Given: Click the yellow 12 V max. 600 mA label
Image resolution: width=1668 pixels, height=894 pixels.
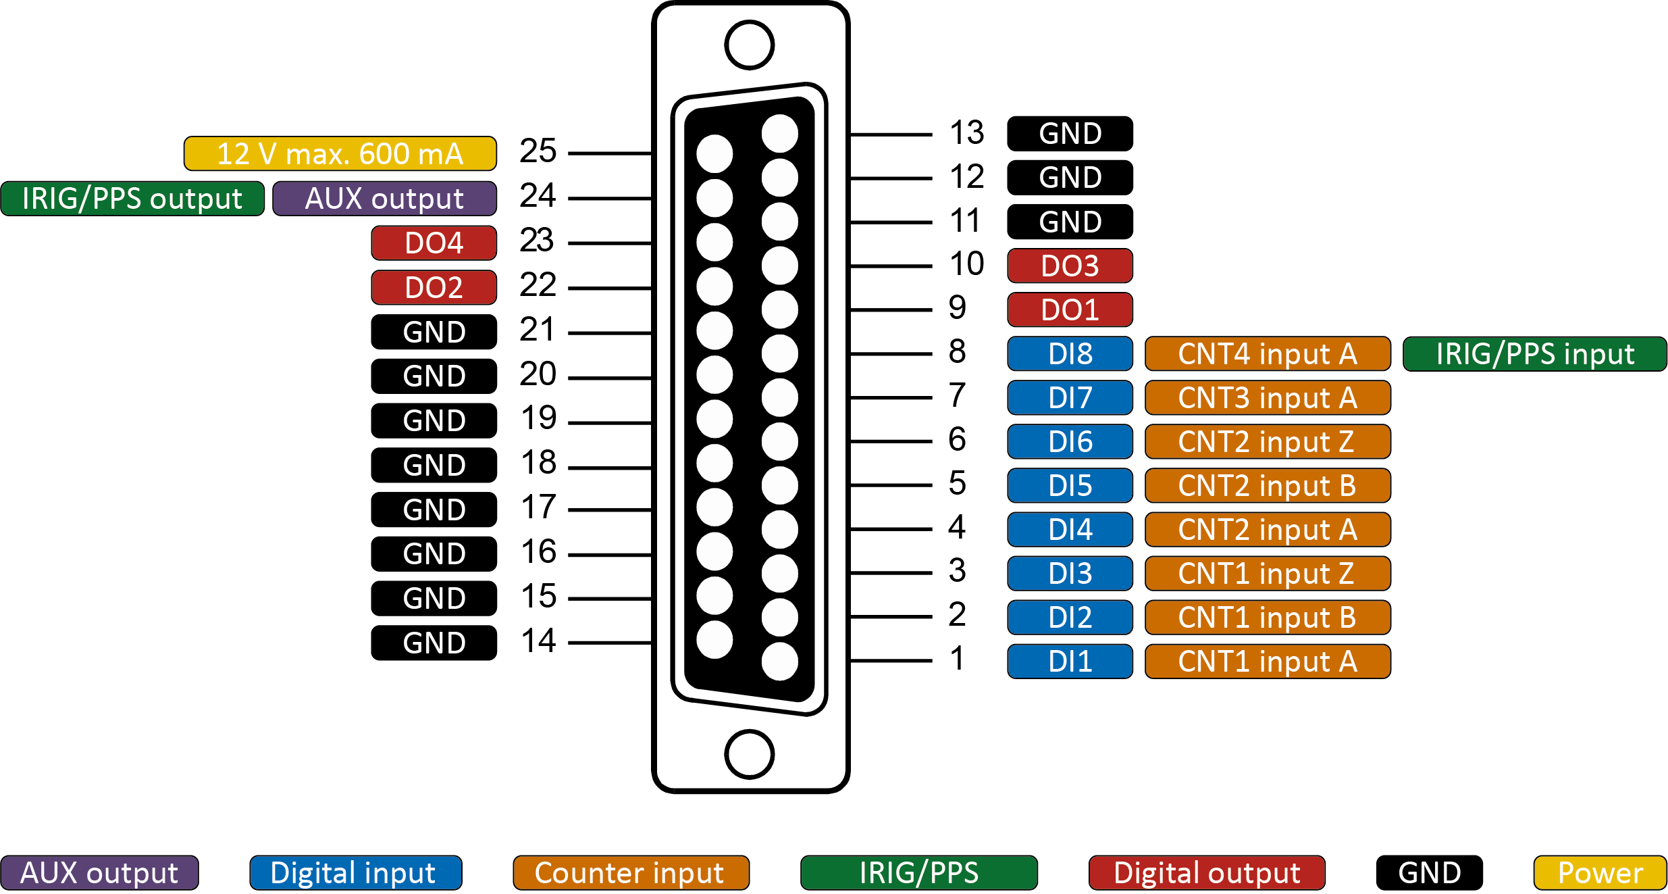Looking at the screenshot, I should coord(340,154).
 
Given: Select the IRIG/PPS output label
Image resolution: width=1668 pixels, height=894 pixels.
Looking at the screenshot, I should coord(132,199).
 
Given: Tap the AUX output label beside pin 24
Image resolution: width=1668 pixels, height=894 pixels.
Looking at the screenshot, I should coord(384,199).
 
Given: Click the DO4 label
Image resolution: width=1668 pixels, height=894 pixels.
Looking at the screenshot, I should coord(434,243).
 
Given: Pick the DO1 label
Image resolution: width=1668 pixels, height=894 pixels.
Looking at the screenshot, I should coord(1070,310).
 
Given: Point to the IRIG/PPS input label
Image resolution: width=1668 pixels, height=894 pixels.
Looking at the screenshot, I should coord(1534,354).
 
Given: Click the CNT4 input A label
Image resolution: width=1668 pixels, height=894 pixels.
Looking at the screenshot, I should coord(1268,354).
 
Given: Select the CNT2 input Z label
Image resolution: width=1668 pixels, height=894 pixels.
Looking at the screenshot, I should coord(1268,442).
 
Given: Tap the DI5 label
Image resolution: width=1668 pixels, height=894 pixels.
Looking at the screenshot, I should coord(1070,486).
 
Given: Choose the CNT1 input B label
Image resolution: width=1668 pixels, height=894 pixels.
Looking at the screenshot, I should coord(1268,618).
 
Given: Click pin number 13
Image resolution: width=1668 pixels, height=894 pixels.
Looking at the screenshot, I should coord(966,133).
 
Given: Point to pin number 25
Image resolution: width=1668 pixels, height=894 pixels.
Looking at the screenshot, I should coord(538,151).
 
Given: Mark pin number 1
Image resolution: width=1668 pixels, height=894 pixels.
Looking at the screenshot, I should coord(957,659).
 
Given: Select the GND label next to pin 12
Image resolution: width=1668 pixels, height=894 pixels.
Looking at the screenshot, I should coord(1070,178).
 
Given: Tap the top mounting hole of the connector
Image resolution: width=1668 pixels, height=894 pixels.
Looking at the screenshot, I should coord(749,45).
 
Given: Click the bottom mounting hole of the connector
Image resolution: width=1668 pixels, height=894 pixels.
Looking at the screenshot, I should coord(749,754).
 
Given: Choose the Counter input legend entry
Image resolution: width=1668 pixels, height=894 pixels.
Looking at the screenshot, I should coord(631,873).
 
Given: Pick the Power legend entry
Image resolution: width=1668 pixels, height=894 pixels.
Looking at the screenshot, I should coord(1600,873).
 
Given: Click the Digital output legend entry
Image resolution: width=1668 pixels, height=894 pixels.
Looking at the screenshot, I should coord(1207,873).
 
